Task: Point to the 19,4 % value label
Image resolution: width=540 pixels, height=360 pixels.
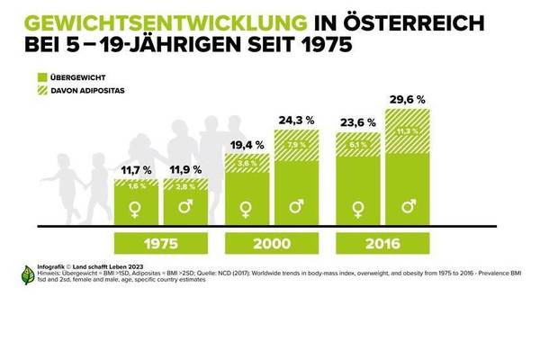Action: (x=246, y=143)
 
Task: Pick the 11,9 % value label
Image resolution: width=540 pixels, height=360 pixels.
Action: (x=186, y=168)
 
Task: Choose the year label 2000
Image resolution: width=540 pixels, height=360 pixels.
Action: (x=272, y=243)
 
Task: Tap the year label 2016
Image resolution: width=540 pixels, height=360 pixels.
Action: (x=382, y=243)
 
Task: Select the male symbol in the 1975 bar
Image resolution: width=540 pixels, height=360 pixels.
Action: (x=186, y=209)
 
